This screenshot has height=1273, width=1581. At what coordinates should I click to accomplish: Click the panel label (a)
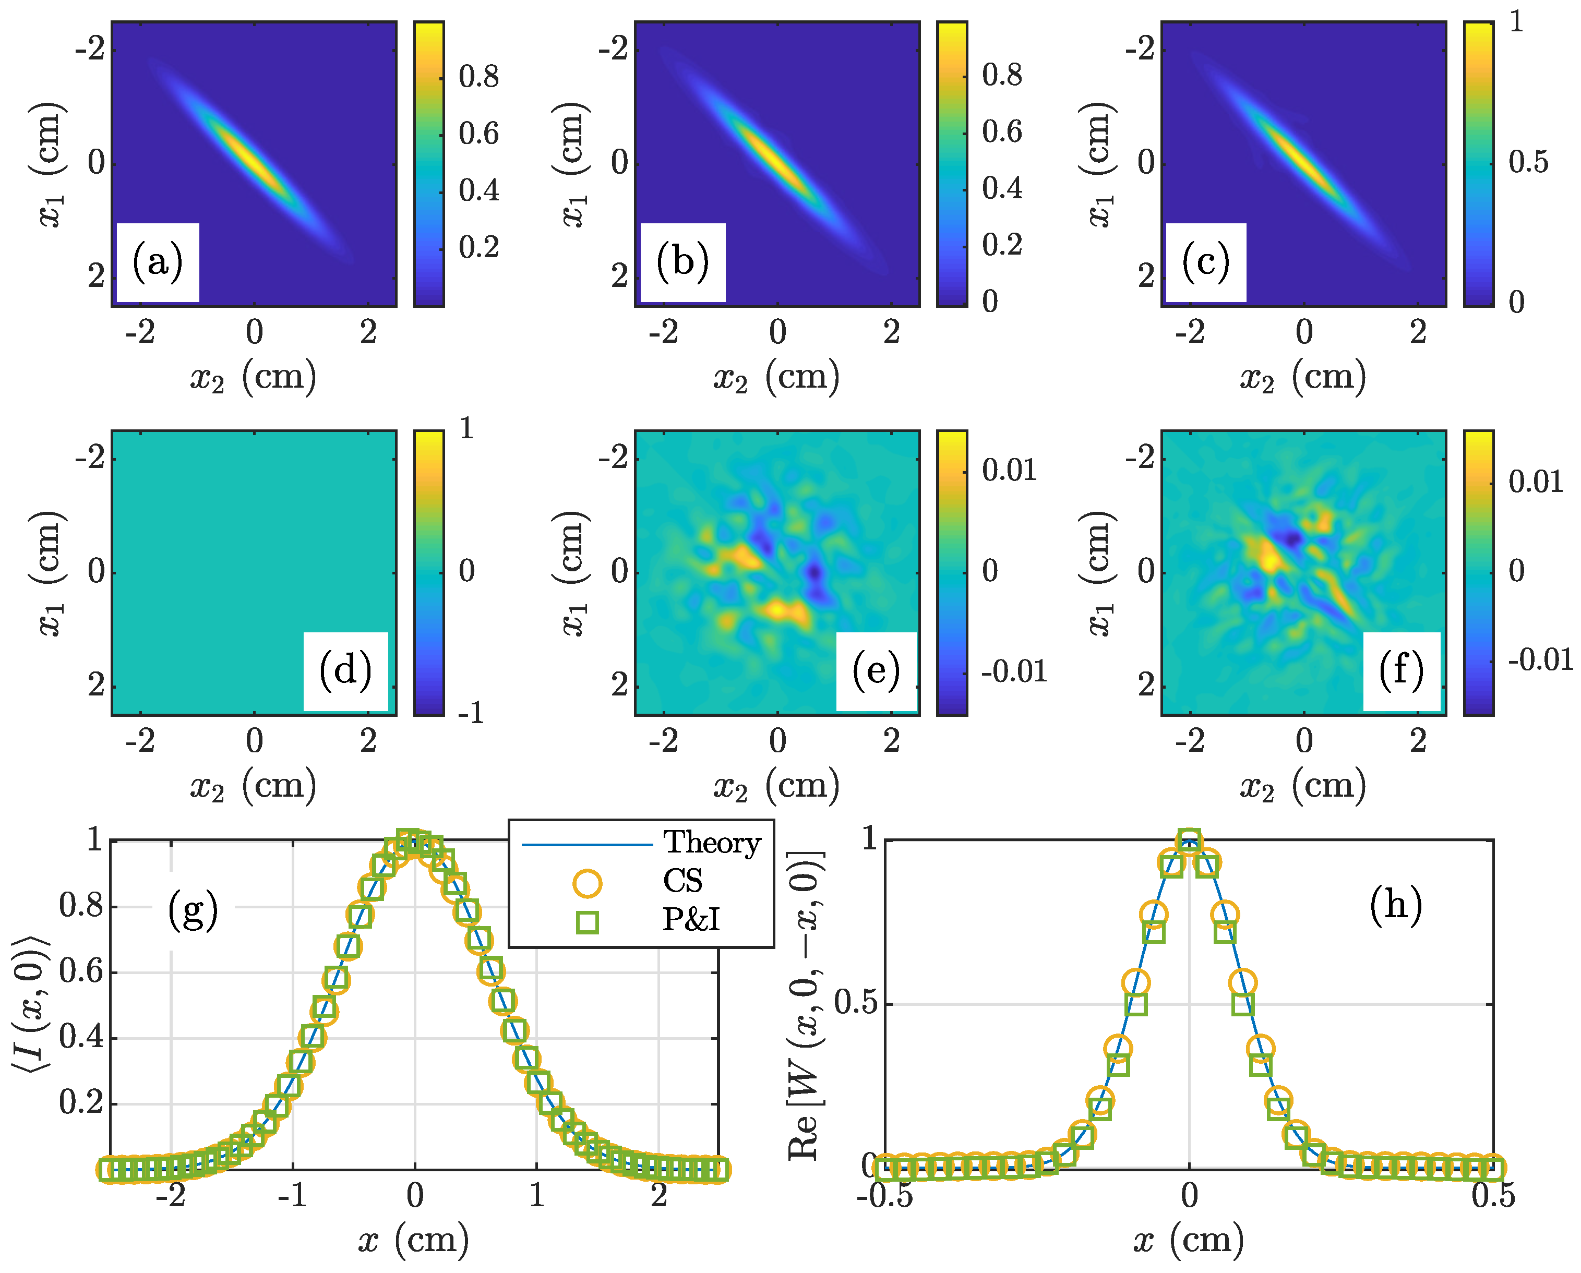point(157,262)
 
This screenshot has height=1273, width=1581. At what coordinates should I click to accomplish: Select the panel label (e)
point(876,671)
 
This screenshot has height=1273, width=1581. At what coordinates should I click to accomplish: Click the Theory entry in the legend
point(711,843)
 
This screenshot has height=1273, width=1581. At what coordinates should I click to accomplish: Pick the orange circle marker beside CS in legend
point(586,883)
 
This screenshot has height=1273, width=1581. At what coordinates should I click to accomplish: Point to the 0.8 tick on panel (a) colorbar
point(478,76)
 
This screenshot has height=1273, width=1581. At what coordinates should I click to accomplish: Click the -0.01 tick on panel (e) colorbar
point(1013,671)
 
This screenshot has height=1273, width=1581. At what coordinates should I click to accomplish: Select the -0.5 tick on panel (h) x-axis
point(885,1196)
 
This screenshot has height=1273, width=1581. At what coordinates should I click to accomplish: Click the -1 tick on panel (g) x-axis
point(293,1196)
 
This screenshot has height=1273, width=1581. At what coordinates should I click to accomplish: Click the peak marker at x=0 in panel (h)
point(1190,841)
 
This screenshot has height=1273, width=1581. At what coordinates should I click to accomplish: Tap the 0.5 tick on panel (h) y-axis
point(856,1004)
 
